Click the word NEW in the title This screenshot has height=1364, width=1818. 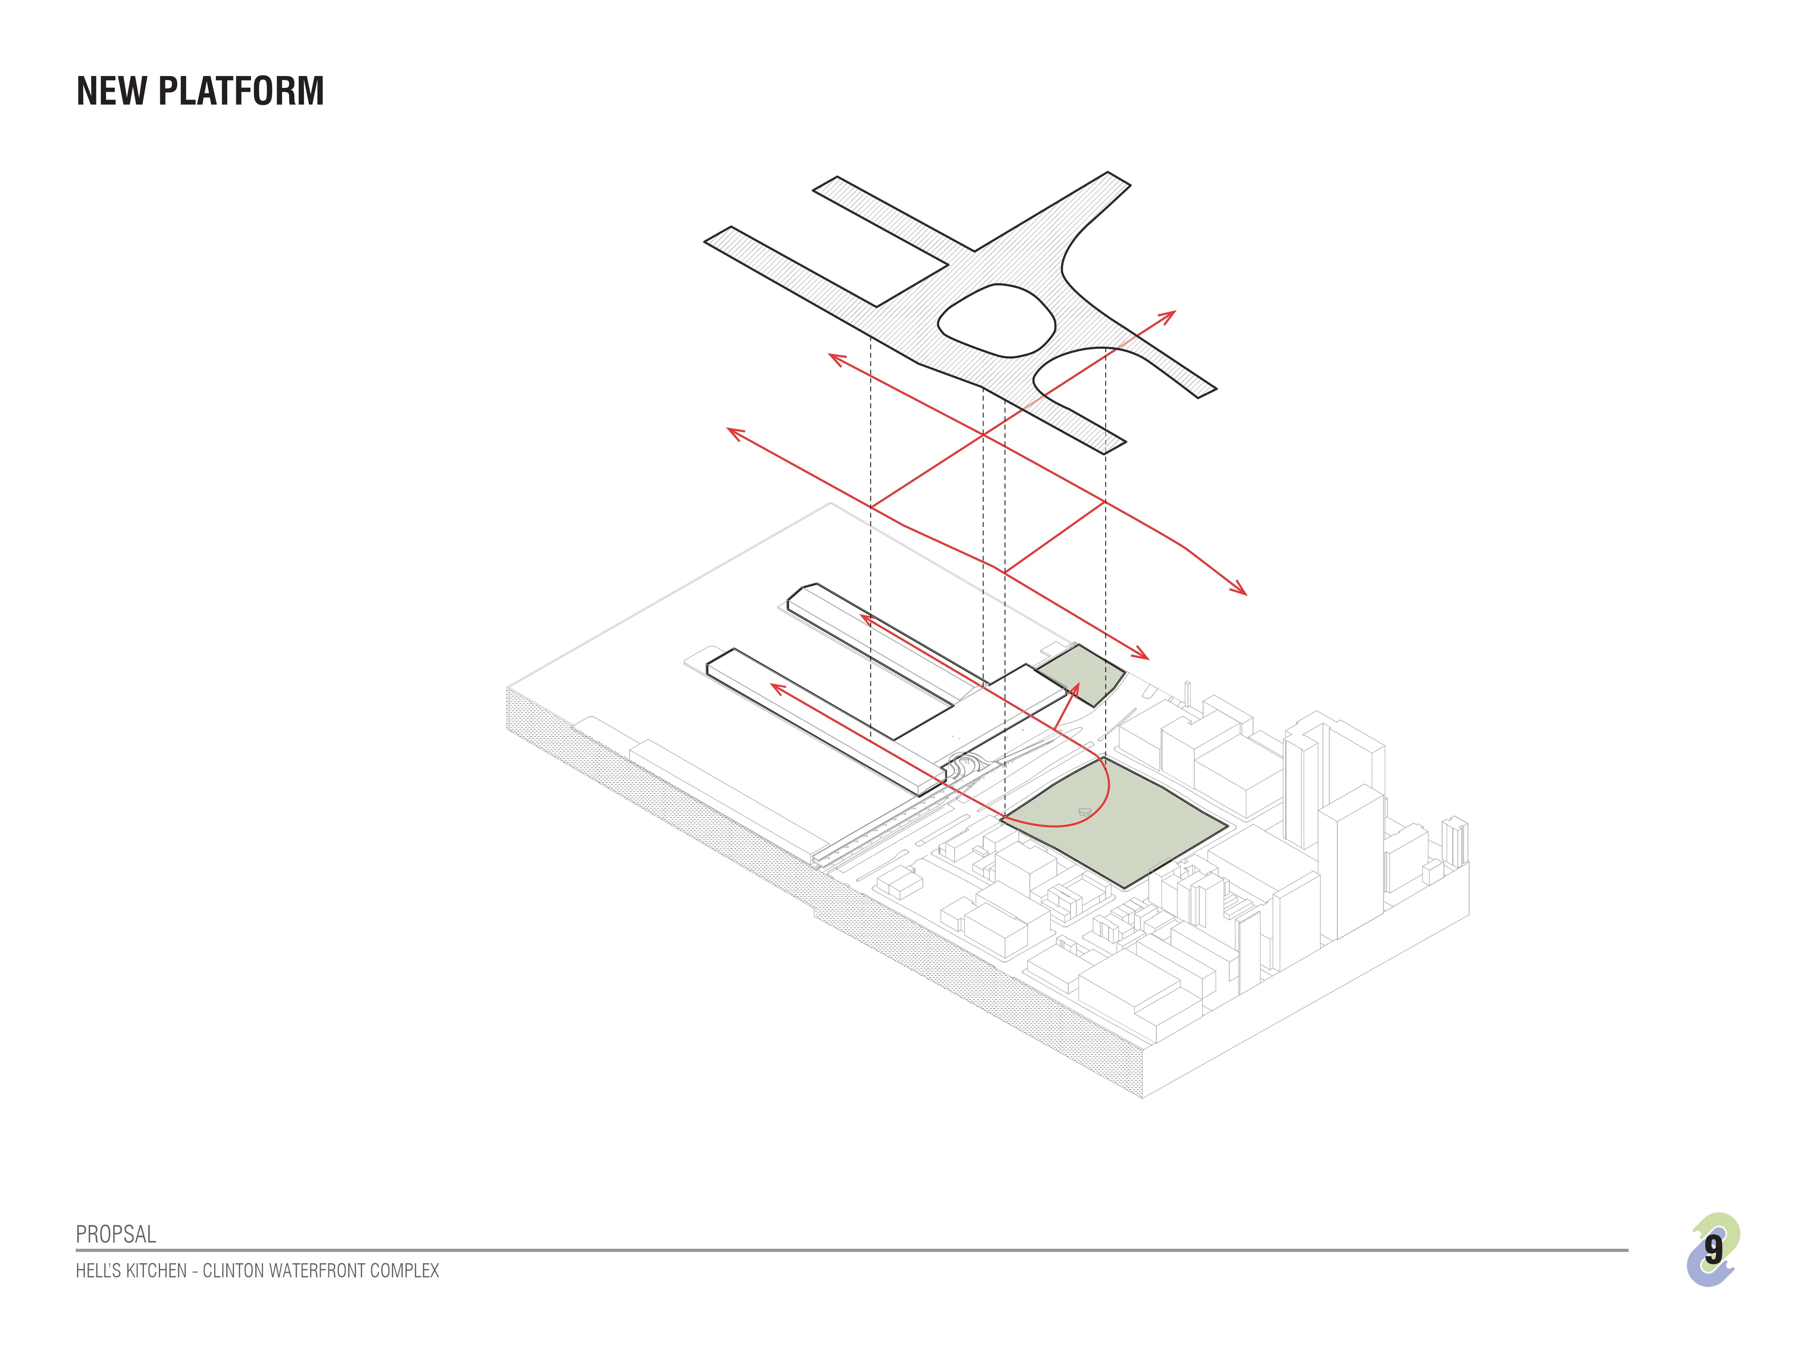[x=111, y=91]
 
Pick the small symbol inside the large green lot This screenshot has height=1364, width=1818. [x=1085, y=812]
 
